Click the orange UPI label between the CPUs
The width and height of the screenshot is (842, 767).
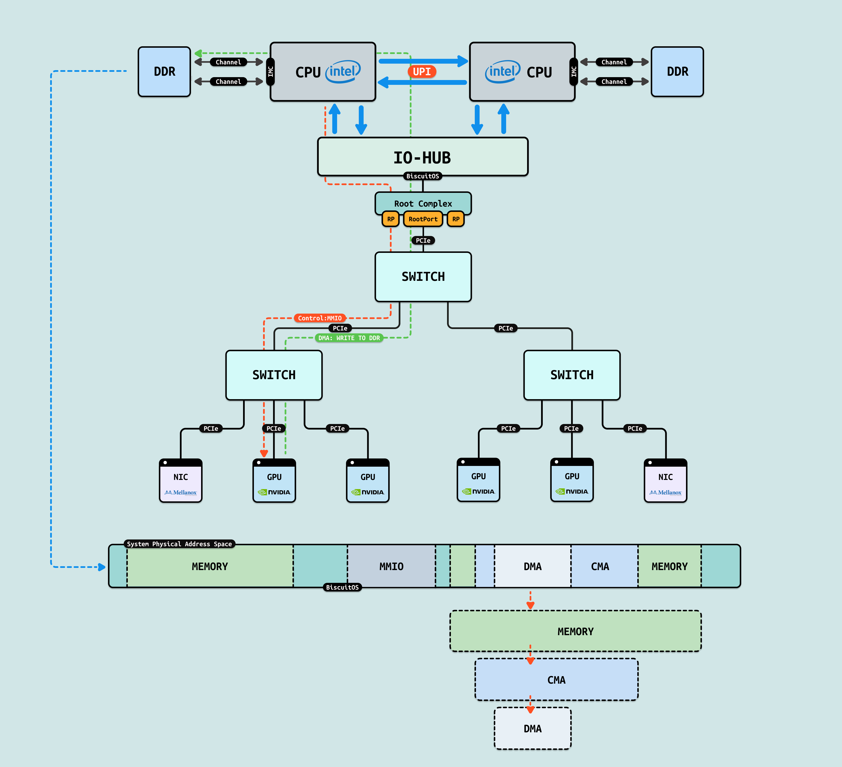[422, 72]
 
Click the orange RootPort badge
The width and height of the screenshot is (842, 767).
[423, 219]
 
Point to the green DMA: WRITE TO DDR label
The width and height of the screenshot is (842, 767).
[349, 338]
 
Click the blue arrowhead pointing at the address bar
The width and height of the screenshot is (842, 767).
[102, 567]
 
